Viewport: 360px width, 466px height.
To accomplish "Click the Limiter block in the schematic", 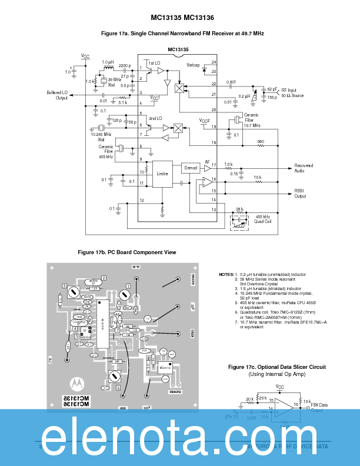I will (162, 174).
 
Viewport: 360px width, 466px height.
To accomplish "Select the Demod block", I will (191, 168).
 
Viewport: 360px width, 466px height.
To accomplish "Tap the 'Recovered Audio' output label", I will (304, 168).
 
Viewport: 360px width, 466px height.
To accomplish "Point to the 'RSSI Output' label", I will (301, 193).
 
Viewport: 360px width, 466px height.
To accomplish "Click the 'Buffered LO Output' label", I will (57, 95).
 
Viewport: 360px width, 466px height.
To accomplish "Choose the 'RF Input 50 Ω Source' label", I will (292, 92).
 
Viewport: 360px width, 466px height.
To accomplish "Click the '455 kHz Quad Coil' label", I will (263, 219).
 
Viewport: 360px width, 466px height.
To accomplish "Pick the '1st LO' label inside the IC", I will (154, 63).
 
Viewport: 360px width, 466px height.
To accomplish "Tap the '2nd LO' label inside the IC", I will (155, 118).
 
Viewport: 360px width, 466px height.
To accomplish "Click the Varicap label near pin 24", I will (194, 64).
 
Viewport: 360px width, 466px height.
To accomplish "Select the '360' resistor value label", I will (260, 141).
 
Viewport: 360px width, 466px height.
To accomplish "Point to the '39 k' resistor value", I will (239, 209).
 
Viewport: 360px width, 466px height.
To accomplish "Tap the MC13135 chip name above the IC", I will (178, 50).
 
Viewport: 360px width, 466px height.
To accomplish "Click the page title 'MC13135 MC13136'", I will (180, 18).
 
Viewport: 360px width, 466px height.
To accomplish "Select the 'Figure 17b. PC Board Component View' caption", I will (127, 252).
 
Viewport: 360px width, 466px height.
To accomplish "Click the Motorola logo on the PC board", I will (77, 383).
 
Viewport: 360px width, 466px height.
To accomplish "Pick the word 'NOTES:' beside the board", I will (226, 274).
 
